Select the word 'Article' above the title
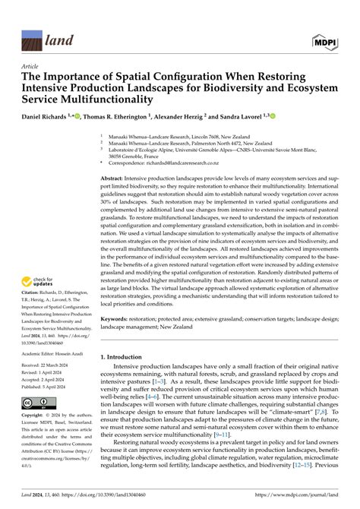[x=32, y=67]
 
